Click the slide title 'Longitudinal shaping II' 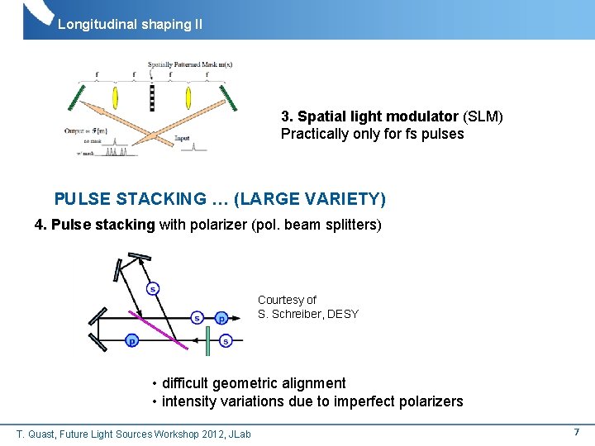(130, 25)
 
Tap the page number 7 (576, 432)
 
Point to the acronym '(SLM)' (483, 116)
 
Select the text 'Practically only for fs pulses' (372, 134)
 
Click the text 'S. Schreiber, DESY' (308, 314)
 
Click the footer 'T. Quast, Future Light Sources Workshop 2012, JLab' (134, 434)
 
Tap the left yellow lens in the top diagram (116, 94)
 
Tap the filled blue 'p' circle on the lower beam (131, 340)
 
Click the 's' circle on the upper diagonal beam (153, 288)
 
